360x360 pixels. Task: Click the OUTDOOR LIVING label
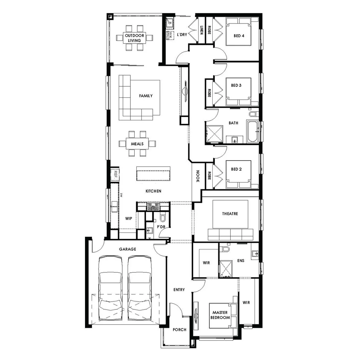[x=135, y=38]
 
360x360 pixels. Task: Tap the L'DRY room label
[x=182, y=34]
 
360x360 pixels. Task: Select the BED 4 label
[x=239, y=36]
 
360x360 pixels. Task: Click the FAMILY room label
[x=146, y=96]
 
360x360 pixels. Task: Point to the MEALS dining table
[x=137, y=144]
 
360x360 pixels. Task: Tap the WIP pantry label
[x=129, y=219]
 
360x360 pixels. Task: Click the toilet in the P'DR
[x=163, y=218]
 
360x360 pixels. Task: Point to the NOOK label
[x=197, y=176]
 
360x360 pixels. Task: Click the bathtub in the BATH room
[x=252, y=132]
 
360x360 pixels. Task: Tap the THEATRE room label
[x=230, y=214]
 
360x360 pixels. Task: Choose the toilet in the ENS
[x=226, y=249]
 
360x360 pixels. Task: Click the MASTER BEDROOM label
[x=220, y=315]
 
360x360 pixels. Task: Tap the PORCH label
[x=179, y=330]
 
